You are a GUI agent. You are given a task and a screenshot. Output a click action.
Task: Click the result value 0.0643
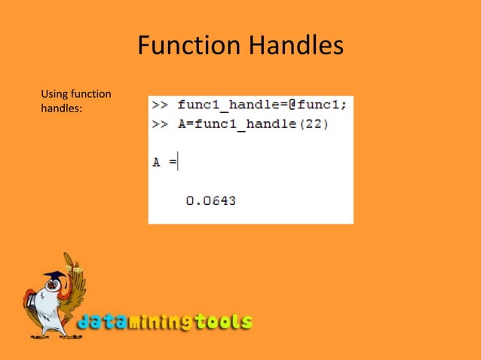[210, 200]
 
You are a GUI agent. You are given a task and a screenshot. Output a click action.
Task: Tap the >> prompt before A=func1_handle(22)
[160, 124]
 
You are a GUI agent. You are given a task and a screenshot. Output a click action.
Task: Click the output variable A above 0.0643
[157, 163]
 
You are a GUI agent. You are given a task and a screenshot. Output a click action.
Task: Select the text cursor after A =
[178, 162]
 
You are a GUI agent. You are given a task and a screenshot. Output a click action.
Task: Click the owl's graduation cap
[54, 275]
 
